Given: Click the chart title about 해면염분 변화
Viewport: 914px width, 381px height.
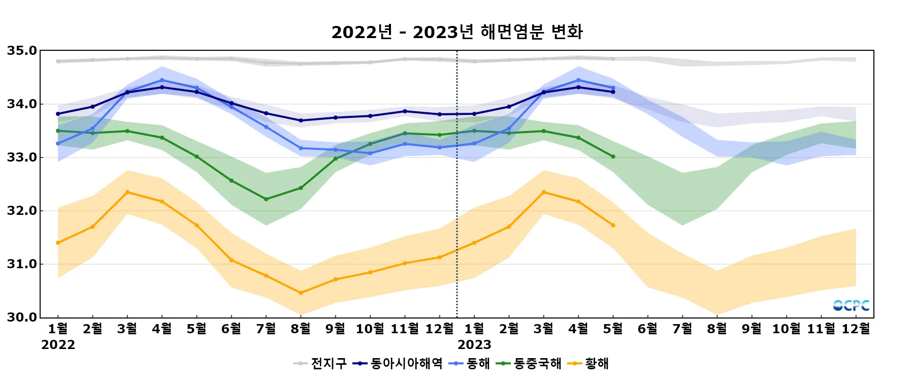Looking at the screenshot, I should click(456, 32).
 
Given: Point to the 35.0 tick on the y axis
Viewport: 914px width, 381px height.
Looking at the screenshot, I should click(22, 51).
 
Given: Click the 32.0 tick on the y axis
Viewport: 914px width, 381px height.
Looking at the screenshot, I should click(22, 211).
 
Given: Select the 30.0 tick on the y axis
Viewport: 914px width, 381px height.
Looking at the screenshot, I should click(22, 317).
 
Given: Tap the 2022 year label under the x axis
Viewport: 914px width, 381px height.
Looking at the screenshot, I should click(58, 345).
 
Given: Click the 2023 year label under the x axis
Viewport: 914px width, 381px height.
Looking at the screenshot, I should click(474, 345).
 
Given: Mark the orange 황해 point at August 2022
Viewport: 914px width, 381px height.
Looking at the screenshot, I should click(301, 293).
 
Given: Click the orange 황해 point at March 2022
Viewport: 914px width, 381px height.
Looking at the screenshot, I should click(127, 192).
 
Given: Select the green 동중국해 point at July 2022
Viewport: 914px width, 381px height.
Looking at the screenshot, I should click(266, 199).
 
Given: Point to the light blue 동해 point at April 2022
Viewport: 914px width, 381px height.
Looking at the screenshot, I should click(162, 80).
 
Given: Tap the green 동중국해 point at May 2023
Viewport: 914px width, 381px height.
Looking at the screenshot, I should click(613, 156).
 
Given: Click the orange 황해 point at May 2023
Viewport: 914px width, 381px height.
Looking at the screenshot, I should click(613, 225).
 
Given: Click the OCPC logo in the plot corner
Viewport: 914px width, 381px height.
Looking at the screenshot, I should click(851, 305).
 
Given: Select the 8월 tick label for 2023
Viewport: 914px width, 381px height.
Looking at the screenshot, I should click(717, 329).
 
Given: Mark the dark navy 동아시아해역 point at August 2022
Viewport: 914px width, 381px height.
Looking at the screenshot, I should click(301, 120).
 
